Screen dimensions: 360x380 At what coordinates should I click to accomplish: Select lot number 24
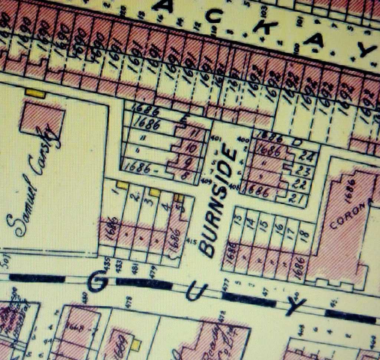[304, 156]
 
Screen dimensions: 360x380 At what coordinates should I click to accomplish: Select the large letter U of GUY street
[194, 293]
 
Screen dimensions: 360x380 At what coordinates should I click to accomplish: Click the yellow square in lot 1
[122, 185]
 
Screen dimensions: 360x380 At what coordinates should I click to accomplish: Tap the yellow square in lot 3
[155, 192]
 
